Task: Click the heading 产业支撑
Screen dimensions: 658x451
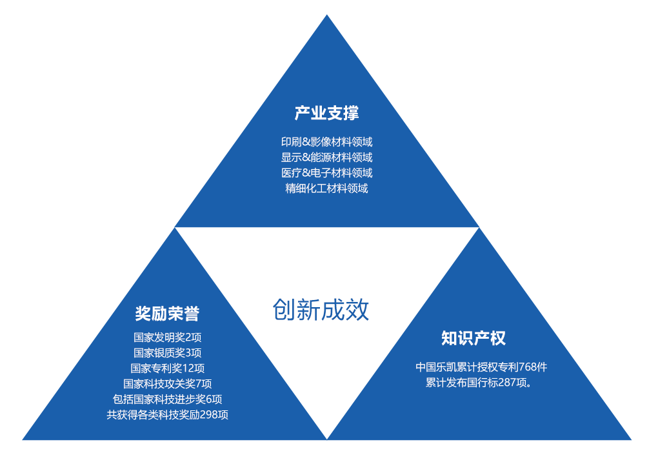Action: [326, 114]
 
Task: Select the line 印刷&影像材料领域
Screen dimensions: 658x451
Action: [326, 142]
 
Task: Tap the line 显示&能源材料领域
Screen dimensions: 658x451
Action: [326, 157]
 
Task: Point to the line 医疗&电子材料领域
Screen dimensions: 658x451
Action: [326, 173]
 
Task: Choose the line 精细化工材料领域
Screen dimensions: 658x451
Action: [326, 188]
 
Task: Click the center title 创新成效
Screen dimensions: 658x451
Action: [321, 310]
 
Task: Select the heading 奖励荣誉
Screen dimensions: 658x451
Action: [168, 314]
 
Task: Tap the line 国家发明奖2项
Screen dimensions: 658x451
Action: [168, 337]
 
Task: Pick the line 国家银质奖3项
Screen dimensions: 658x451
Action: [168, 353]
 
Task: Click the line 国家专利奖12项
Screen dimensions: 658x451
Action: [168, 368]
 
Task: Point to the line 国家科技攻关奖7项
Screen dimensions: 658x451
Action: [168, 384]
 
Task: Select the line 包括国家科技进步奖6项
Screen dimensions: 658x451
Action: [168, 399]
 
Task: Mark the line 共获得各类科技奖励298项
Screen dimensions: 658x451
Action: [168, 415]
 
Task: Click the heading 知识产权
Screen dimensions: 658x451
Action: [474, 338]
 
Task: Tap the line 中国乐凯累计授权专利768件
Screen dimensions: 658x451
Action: [481, 367]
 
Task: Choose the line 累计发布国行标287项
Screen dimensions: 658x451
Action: [479, 383]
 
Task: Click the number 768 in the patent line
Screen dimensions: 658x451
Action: [528, 367]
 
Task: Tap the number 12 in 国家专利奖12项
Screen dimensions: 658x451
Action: [188, 368]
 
